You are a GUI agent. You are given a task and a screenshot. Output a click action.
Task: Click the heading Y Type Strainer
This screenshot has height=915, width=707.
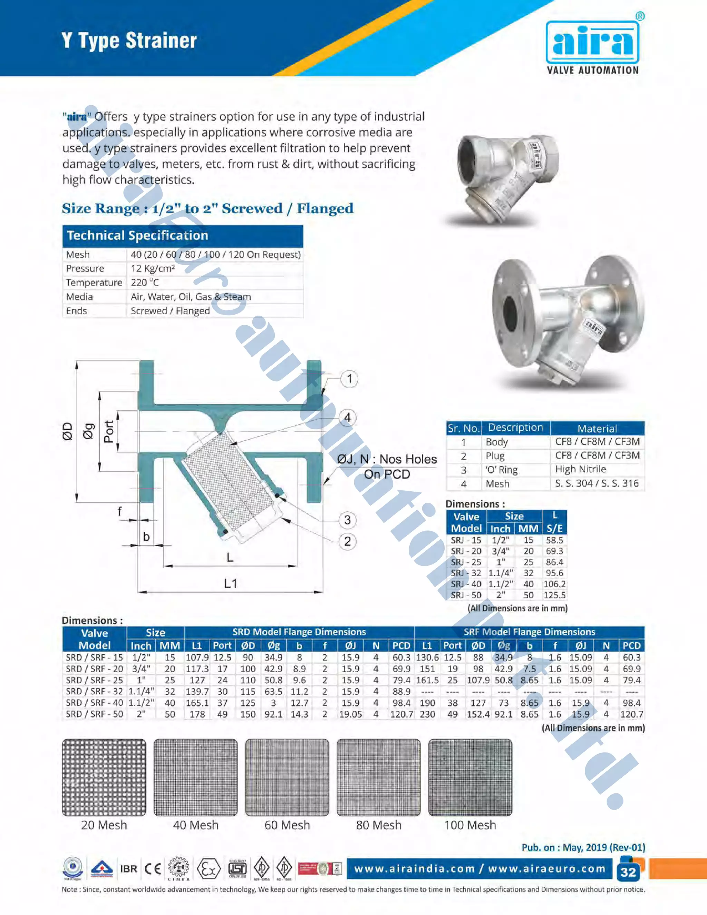coord(129,41)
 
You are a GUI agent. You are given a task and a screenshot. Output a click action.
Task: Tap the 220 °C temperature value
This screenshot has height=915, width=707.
coord(145,282)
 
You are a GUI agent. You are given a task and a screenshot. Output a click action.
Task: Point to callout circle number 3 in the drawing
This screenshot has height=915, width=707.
coord(347,520)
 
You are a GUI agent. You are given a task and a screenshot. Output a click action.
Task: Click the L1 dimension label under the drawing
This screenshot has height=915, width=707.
coord(230,583)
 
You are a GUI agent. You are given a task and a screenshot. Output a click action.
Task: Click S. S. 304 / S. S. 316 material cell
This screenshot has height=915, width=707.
coord(597,483)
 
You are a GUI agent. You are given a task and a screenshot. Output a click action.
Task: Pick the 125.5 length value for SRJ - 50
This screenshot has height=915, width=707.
coord(554,595)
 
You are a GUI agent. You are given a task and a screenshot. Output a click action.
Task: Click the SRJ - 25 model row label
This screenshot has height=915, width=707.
coord(466,562)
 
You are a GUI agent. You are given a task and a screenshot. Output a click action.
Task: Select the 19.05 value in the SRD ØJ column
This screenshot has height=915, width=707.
coord(350,714)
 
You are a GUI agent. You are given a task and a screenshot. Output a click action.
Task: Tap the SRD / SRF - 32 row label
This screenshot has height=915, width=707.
coord(94,691)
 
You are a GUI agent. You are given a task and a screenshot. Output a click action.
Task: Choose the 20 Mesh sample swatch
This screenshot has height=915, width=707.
coord(104,777)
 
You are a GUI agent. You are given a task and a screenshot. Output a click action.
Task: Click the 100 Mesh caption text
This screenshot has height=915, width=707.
coord(470,825)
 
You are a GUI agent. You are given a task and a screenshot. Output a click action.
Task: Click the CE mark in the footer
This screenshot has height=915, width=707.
coord(153,869)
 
